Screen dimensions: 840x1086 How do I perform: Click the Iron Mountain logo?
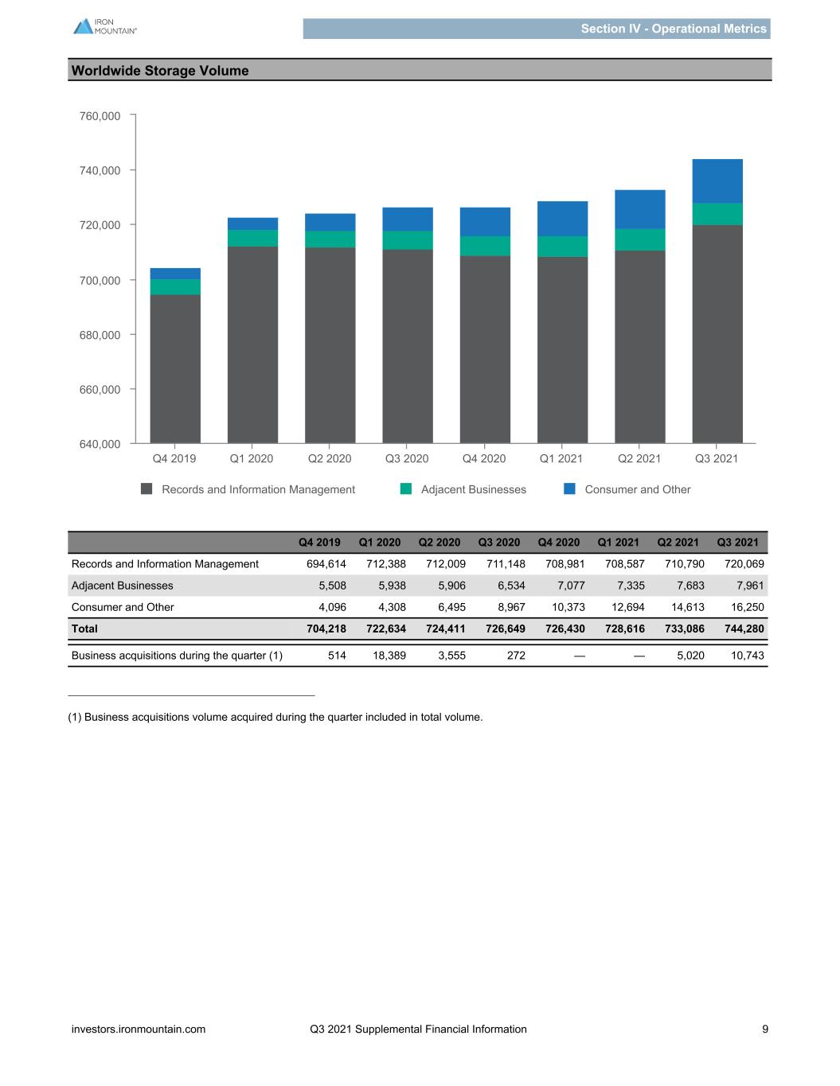[105, 26]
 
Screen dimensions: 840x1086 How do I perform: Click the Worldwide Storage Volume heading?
[160, 71]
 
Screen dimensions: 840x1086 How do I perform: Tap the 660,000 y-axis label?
[100, 389]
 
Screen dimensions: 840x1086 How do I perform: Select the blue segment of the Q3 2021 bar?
[717, 181]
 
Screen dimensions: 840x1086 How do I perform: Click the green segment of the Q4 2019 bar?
[175, 287]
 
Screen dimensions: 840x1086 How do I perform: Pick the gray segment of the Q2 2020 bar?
[330, 345]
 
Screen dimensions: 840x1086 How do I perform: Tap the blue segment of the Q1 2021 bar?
[562, 219]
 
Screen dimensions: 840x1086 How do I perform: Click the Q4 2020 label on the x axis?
[484, 458]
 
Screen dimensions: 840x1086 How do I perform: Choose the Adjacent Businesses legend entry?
[463, 489]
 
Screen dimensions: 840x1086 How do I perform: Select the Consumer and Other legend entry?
[627, 489]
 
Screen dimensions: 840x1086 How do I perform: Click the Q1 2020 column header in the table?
[380, 543]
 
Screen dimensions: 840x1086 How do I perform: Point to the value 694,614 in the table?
[326, 564]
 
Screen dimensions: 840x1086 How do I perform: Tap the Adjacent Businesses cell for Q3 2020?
[511, 586]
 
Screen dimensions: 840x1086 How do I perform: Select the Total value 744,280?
[744, 629]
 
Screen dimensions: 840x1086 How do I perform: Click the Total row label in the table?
[84, 629]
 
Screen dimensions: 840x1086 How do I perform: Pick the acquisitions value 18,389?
[389, 656]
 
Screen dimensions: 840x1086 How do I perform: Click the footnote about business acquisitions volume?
[275, 717]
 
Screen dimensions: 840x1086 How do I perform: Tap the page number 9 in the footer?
[765, 1029]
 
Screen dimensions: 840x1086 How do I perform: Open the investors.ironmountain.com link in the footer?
[139, 1029]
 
